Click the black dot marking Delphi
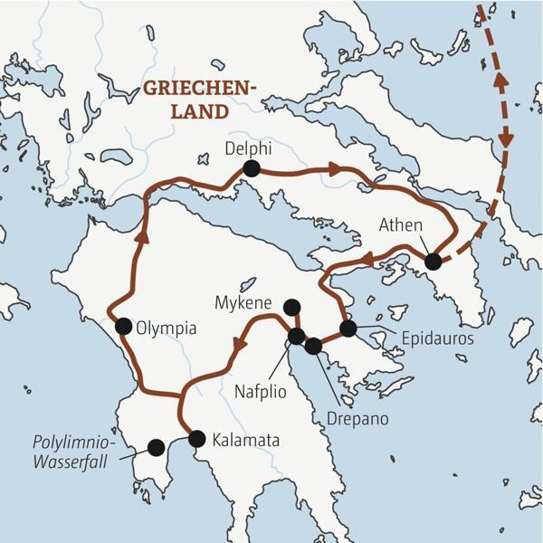[251, 167]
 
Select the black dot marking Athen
[433, 262]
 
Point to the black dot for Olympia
[123, 326]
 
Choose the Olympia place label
[166, 329]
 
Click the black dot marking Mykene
[291, 307]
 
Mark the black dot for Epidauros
[348, 328]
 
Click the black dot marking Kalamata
[195, 439]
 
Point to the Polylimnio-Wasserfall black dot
[156, 446]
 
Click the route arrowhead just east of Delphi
[335, 169]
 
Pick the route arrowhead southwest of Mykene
[239, 345]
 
